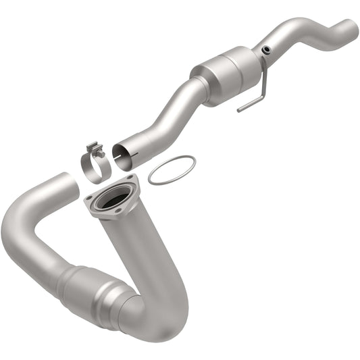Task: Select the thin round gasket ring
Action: pos(172,170)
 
